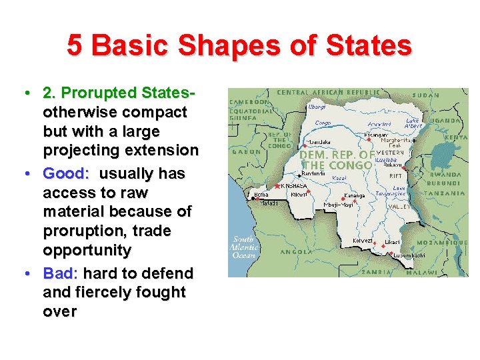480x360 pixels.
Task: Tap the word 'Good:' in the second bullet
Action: (x=66, y=173)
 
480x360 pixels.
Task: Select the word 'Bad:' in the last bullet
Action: (x=61, y=273)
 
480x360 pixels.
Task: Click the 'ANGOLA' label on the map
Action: (x=295, y=252)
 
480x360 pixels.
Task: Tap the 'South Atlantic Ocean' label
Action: (x=243, y=246)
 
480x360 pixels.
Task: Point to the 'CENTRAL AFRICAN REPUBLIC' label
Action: (x=329, y=92)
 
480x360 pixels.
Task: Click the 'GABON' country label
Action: (x=243, y=151)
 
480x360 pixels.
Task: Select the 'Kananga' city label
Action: (x=354, y=196)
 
